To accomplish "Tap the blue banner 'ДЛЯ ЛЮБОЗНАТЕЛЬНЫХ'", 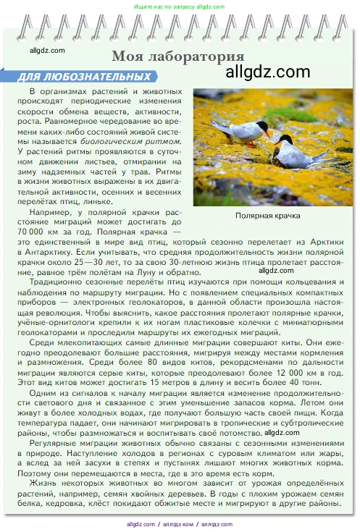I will (x=80, y=76).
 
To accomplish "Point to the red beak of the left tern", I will (x=268, y=134).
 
